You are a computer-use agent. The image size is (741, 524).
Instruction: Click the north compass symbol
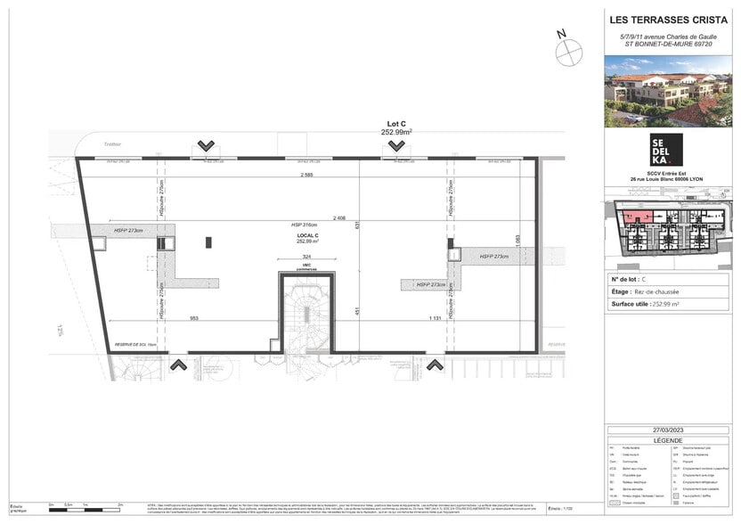[x=567, y=52]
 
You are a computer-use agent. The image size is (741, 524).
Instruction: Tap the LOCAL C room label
[x=308, y=235]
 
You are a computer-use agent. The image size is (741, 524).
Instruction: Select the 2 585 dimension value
[x=306, y=176]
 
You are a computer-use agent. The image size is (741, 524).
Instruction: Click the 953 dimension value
[x=193, y=318]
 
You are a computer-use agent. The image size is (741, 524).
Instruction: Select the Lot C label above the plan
[x=396, y=124]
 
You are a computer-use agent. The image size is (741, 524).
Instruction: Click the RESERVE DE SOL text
[x=134, y=345]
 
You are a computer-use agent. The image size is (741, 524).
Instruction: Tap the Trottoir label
[x=111, y=143]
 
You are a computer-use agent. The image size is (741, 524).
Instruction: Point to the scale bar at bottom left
[x=86, y=507]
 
